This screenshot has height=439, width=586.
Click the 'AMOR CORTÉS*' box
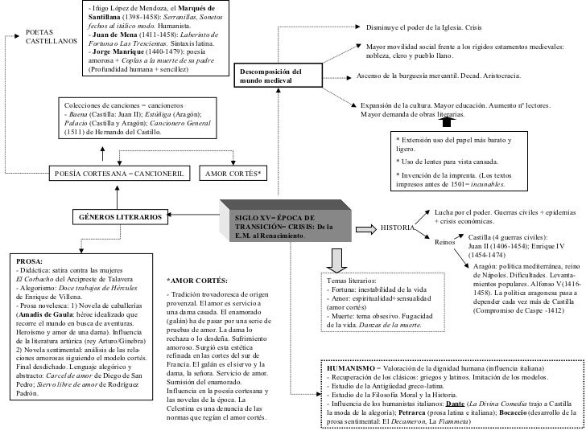coord(234,173)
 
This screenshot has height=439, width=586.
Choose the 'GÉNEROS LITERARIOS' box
coord(120,217)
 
